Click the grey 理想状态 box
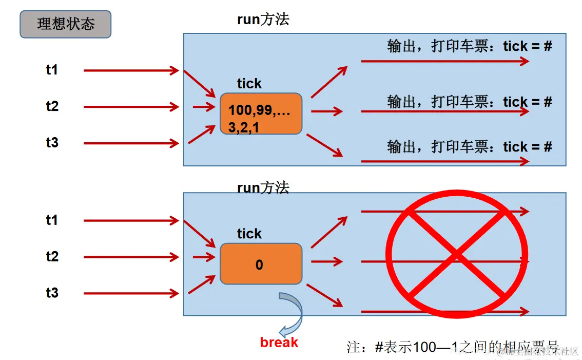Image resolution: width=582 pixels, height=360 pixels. click(x=65, y=24)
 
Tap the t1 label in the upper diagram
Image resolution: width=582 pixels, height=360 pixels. click(x=52, y=70)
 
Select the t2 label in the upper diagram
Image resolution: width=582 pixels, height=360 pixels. click(x=52, y=106)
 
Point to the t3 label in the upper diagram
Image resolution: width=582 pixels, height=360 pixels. click(x=52, y=142)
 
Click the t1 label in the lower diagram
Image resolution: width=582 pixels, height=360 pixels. click(x=52, y=220)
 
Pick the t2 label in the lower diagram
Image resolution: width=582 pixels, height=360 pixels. click(x=52, y=256)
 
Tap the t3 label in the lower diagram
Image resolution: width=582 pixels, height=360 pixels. click(x=52, y=293)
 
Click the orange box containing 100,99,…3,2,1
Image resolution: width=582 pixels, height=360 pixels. click(x=261, y=113)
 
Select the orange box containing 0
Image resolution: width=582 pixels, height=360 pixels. click(x=261, y=264)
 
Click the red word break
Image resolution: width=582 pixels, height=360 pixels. click(x=279, y=342)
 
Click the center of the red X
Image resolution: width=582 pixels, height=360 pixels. click(x=456, y=254)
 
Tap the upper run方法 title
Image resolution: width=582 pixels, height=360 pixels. click(x=263, y=20)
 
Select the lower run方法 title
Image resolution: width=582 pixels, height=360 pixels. click(x=263, y=187)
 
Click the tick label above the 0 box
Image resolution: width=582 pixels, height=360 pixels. click(x=249, y=234)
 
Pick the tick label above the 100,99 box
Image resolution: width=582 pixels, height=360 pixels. click(x=249, y=84)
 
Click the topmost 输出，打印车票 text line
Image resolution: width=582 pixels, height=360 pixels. click(x=469, y=46)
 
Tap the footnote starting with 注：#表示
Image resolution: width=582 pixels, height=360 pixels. click(x=452, y=347)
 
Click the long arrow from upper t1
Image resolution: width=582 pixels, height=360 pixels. click(x=131, y=70)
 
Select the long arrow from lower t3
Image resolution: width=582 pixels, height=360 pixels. click(x=131, y=294)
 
